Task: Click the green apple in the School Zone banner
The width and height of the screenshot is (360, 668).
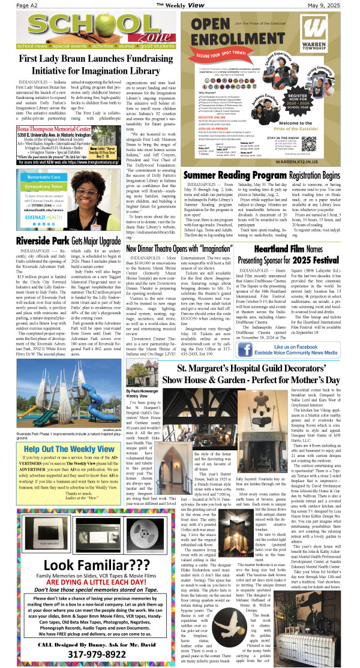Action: [108, 30]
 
